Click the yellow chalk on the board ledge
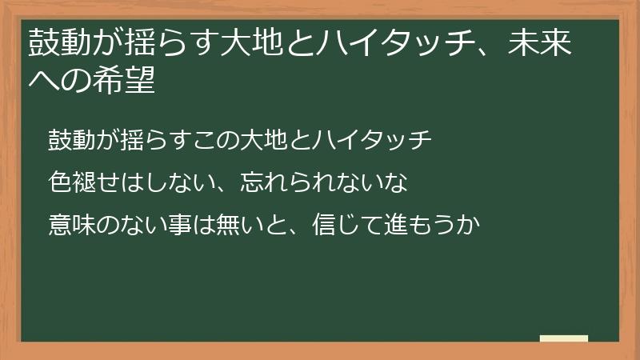564,338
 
